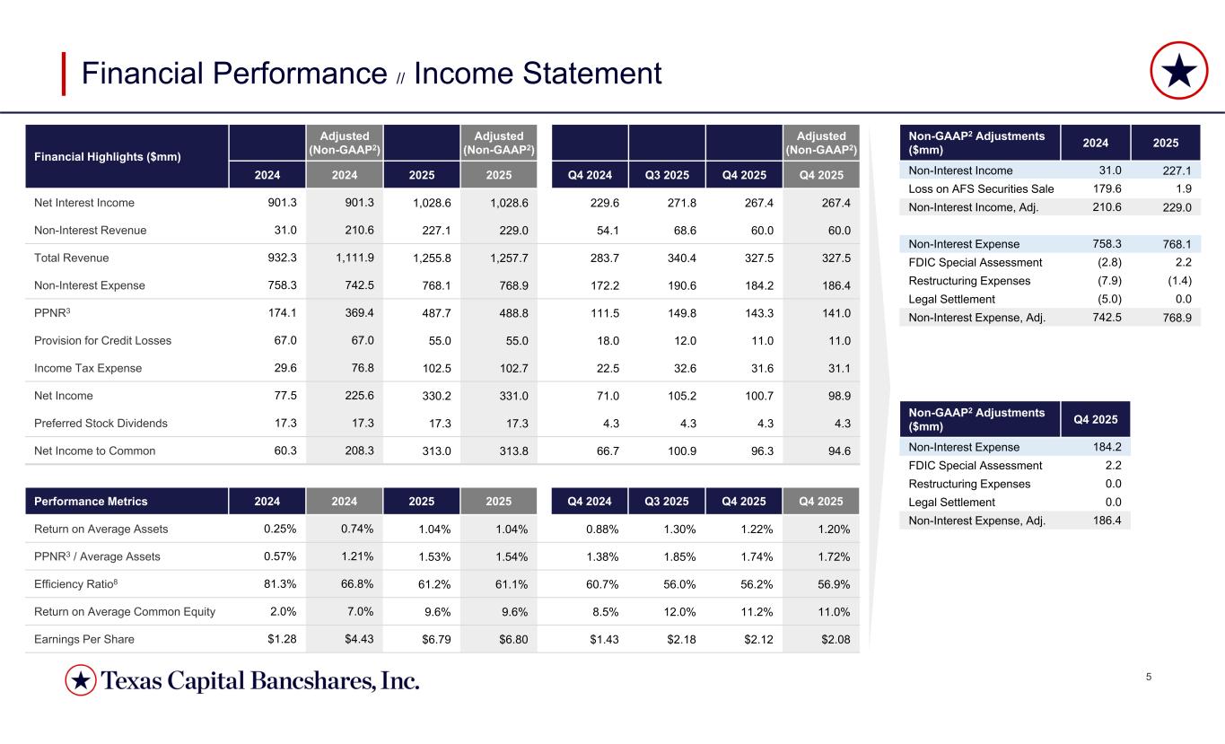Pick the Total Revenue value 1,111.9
(x=354, y=258)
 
